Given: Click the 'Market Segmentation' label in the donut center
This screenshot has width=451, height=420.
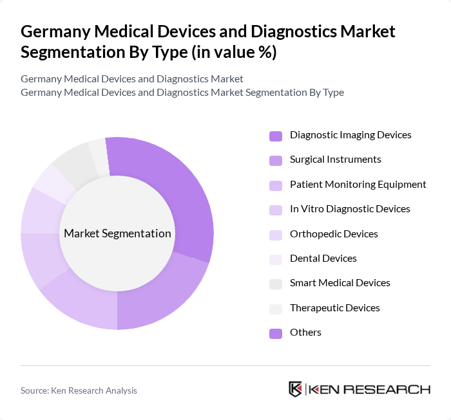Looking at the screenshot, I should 117,233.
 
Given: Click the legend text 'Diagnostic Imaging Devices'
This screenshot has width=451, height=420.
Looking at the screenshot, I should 350,135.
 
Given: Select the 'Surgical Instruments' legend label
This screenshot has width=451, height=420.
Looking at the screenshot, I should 335,160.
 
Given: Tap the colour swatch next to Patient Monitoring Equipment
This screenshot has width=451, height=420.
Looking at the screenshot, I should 276,185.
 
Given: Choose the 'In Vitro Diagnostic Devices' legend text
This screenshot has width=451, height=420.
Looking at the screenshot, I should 350,209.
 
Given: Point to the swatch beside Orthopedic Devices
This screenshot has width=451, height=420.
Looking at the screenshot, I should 276,234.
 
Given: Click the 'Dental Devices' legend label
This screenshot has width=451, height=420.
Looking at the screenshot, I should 323,259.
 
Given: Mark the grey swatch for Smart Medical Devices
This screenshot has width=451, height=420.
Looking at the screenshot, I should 276,284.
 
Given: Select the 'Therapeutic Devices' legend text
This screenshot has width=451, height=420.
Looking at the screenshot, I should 334,308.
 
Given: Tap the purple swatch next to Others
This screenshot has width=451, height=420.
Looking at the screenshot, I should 276,333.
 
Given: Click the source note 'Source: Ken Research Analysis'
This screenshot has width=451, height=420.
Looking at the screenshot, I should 79,390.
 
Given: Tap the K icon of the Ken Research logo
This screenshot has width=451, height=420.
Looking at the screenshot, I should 296,389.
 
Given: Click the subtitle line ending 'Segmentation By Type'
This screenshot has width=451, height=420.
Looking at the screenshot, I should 182,93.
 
